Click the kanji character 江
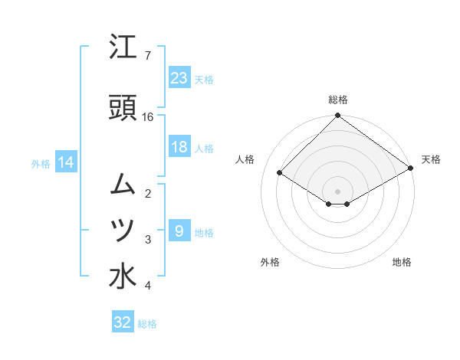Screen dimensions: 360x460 pyautogui.click(x=123, y=47)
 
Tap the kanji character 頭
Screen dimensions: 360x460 pyautogui.click(x=123, y=109)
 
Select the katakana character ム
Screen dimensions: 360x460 pyautogui.click(x=123, y=184)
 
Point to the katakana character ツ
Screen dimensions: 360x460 pyautogui.click(x=123, y=230)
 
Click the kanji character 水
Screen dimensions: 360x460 pyautogui.click(x=123, y=277)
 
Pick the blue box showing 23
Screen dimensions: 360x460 pyautogui.click(x=179, y=77)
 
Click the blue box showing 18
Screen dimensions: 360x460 pyautogui.click(x=179, y=147)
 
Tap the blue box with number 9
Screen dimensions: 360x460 pyautogui.click(x=179, y=231)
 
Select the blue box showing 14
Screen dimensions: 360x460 pyautogui.click(x=65, y=162)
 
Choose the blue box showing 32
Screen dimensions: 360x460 pyautogui.click(x=123, y=322)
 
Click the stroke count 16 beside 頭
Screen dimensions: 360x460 pyautogui.click(x=148, y=117)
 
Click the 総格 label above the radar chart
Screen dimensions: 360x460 pyautogui.click(x=338, y=100)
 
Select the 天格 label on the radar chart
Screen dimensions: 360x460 pyautogui.click(x=431, y=159)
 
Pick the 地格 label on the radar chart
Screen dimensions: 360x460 pyautogui.click(x=402, y=262)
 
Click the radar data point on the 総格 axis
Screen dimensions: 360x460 pyautogui.click(x=338, y=116)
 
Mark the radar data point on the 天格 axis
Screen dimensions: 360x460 pyautogui.click(x=411, y=168)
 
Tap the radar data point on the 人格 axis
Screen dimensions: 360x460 pyautogui.click(x=281, y=173)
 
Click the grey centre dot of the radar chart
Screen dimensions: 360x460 pyautogui.click(x=338, y=191)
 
